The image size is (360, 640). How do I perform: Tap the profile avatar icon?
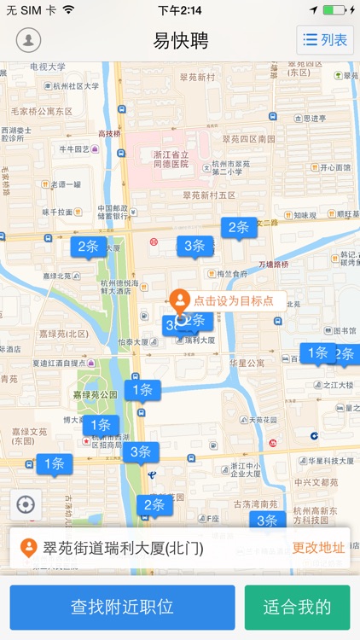click(x=29, y=40)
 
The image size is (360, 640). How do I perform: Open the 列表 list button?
click(x=325, y=40)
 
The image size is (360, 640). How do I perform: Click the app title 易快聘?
click(x=180, y=40)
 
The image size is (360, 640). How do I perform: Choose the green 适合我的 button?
click(x=297, y=607)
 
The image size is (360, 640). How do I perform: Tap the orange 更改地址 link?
click(x=318, y=547)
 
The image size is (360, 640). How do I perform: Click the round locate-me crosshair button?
click(x=26, y=504)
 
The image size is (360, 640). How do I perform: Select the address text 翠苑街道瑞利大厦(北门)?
click(x=124, y=548)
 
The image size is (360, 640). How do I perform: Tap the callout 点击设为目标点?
click(x=233, y=300)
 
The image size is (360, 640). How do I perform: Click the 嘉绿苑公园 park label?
click(x=95, y=395)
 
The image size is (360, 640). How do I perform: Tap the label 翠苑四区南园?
click(x=248, y=138)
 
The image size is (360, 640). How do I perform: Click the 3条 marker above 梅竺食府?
click(x=194, y=247)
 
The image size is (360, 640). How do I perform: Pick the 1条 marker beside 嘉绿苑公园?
click(x=142, y=390)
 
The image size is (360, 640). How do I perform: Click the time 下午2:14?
click(x=180, y=9)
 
